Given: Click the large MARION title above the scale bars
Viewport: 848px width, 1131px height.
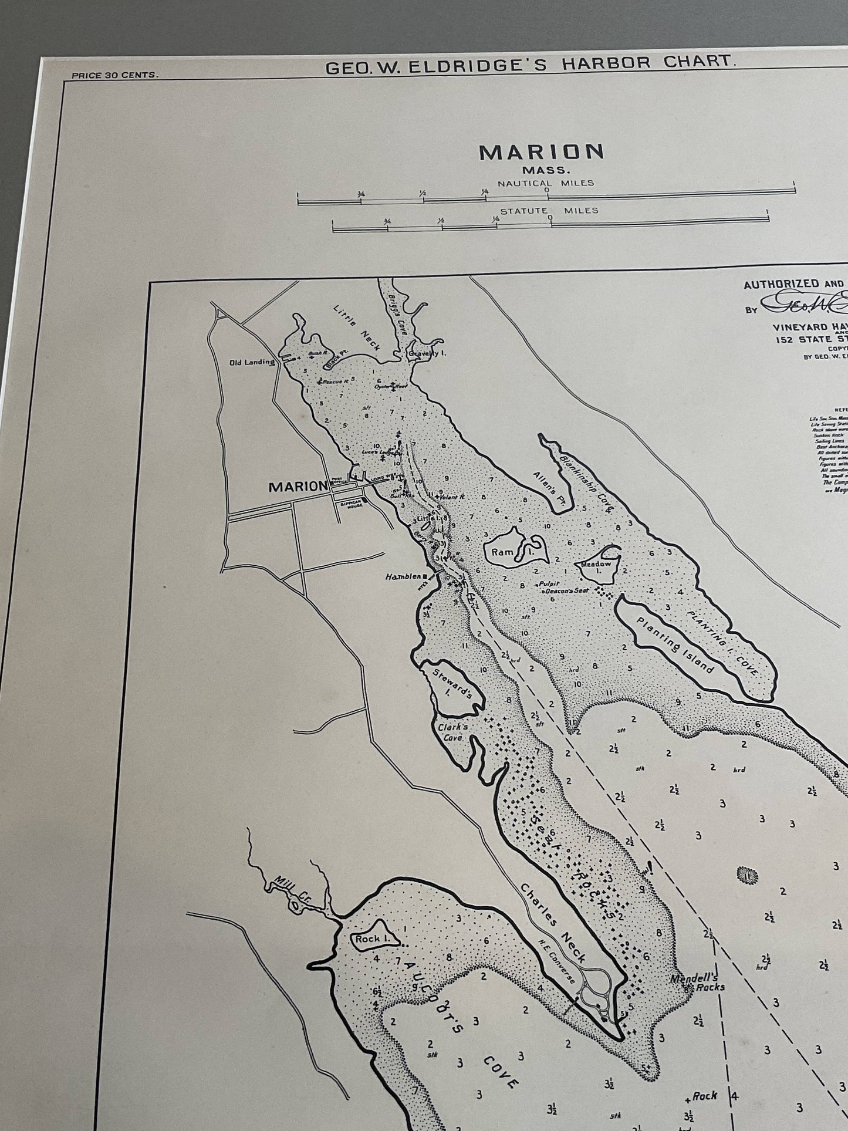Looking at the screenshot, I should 542,153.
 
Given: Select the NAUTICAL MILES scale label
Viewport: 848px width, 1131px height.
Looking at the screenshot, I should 546,183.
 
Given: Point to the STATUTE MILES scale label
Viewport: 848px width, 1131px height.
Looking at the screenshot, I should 549,210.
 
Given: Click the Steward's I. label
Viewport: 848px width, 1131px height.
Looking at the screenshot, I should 456,683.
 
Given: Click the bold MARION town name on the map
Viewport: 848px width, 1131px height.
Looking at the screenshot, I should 297,487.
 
